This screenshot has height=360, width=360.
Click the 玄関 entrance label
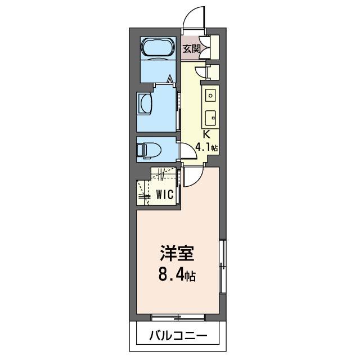tap(191, 48)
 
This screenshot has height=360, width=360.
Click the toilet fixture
tap(149, 150)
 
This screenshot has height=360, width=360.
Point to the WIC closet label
tap(164, 195)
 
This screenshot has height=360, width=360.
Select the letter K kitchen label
tap(206, 134)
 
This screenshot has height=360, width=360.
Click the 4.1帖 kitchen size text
tap(206, 148)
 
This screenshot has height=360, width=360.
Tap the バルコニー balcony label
tap(177, 336)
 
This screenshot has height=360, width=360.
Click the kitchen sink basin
tap(210, 118)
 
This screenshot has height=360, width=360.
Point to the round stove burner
tap(210, 95)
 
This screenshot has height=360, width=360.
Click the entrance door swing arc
tap(194, 17)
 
